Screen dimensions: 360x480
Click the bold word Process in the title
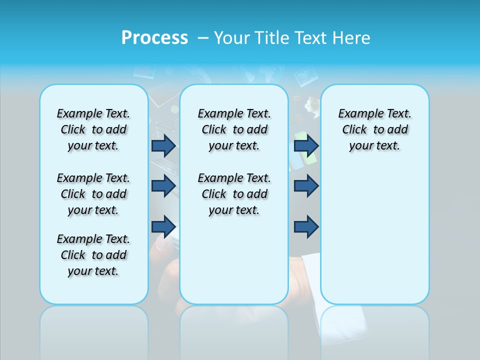[154, 37]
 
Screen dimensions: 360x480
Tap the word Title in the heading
[272, 38]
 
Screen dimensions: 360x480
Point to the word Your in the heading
[232, 38]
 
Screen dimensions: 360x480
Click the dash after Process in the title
[203, 38]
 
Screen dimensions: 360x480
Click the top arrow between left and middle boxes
[163, 145]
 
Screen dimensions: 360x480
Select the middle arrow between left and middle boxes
[163, 186]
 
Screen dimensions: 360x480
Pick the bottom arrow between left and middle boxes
[163, 227]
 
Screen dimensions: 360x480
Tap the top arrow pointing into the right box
[306, 145]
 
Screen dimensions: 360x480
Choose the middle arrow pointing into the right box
[306, 186]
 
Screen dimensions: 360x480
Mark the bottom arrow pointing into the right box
[306, 227]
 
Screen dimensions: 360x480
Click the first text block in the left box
[93, 129]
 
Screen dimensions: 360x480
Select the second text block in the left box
[93, 194]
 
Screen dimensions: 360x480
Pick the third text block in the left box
[93, 255]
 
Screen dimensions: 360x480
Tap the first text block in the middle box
[234, 129]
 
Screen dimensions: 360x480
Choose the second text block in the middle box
[234, 194]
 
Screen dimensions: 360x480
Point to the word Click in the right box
[354, 130]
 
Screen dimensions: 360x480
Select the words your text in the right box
[374, 146]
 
